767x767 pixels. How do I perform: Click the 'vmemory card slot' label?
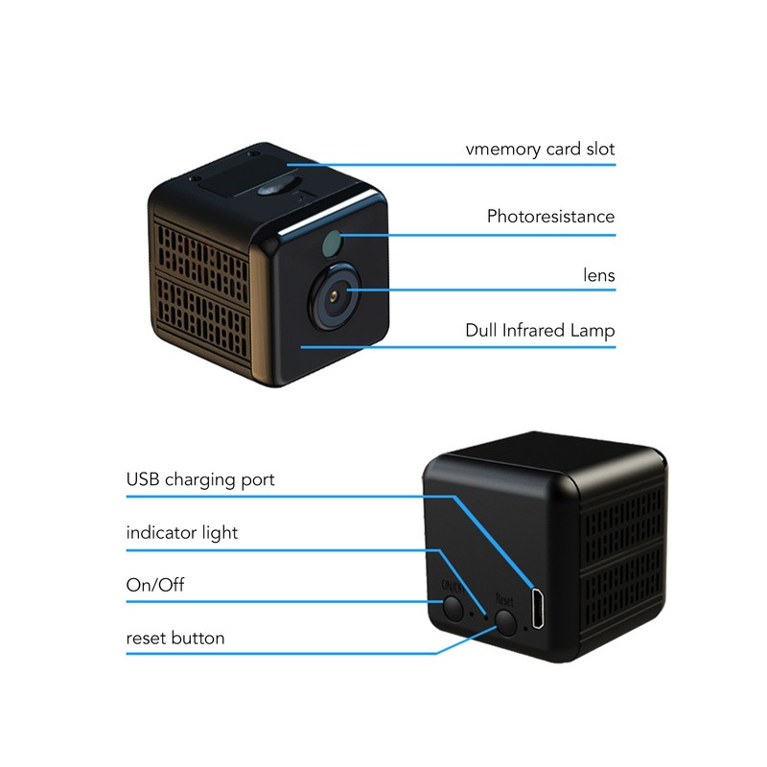click(540, 150)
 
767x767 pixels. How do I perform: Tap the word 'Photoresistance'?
click(550, 217)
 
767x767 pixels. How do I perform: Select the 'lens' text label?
click(599, 275)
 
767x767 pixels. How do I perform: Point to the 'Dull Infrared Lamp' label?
click(540, 331)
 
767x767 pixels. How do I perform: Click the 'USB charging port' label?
click(200, 480)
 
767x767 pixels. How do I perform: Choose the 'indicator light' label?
click(182, 533)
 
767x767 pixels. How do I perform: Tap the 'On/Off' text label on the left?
click(155, 585)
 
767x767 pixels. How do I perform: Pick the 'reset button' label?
click(175, 638)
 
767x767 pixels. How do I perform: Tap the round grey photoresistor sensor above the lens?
click(331, 244)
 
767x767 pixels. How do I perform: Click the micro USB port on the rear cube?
click(538, 609)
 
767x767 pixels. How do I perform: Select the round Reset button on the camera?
click(506, 622)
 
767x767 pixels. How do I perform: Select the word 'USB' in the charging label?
click(143, 478)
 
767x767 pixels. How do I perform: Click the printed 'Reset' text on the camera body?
click(504, 600)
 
